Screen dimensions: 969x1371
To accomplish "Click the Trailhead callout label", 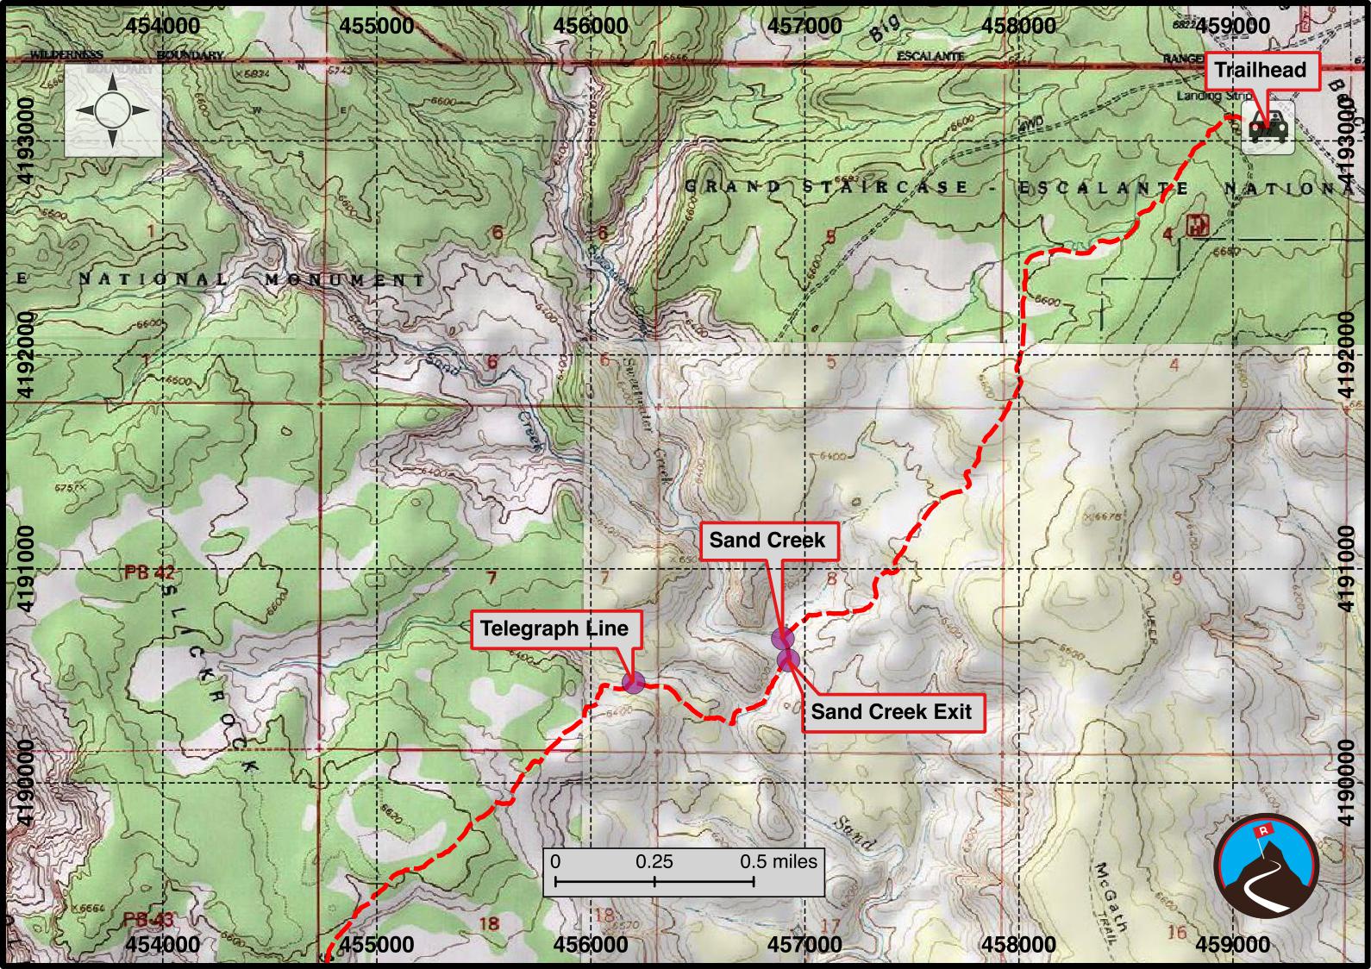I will pos(1261,71).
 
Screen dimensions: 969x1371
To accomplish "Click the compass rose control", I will pos(113,110).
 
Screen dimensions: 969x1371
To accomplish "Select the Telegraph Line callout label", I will pos(554,628).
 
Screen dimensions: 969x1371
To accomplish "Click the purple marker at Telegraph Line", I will pos(633,683).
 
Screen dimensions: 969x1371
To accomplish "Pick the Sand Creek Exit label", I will pos(891,712).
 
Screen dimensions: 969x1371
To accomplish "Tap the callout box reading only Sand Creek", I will pos(767,541).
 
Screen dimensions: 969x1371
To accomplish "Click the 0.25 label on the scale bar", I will pos(654,861).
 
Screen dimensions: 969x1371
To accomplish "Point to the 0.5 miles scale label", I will pos(778,861).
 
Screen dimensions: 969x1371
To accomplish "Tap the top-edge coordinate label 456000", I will pos(592,25).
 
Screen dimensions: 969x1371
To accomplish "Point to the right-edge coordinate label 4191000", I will pos(1348,568).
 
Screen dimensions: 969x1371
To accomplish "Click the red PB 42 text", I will pos(149,572).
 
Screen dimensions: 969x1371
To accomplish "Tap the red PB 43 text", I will pos(148,919).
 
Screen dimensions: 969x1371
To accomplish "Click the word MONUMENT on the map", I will pos(345,280).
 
